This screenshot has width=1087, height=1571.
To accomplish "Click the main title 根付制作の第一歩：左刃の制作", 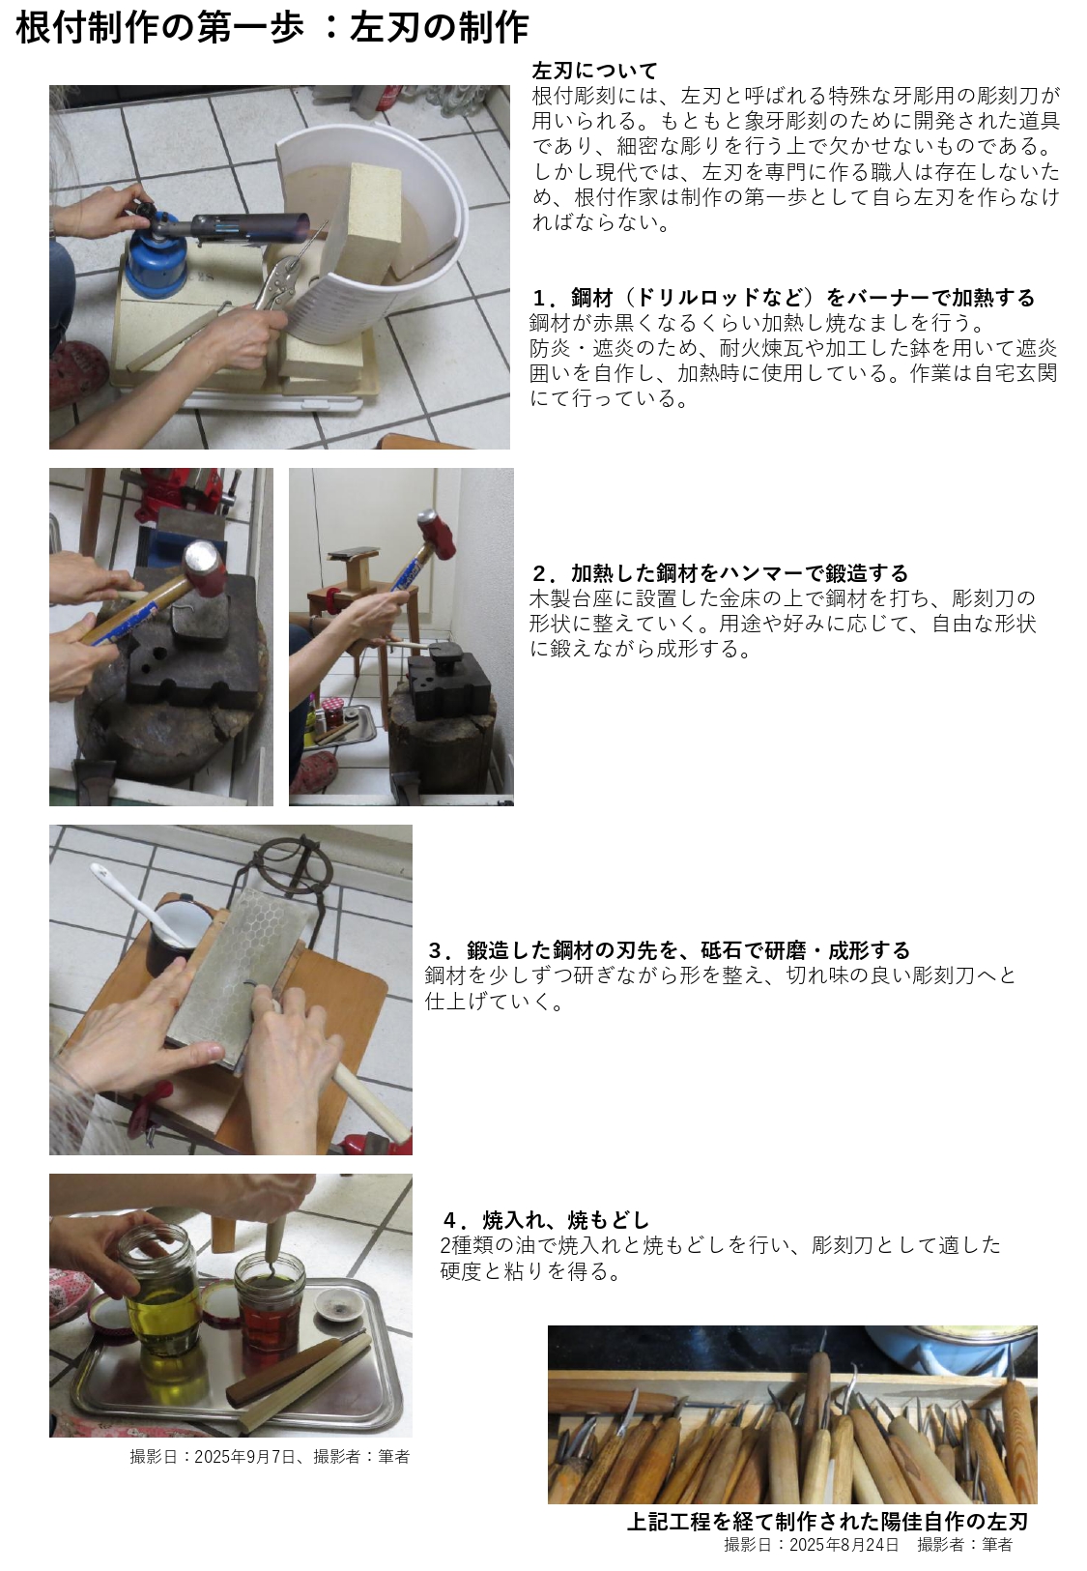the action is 272,29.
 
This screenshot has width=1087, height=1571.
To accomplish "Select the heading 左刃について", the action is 594,71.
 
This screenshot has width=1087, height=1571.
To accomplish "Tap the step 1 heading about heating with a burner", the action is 783,298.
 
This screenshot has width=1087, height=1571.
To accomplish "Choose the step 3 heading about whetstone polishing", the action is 669,950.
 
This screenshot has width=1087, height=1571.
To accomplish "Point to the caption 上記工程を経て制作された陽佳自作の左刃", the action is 827,1521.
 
